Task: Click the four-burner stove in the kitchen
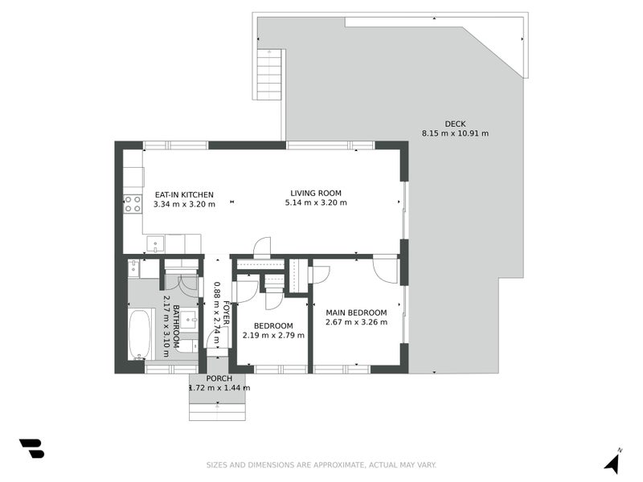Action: click(x=133, y=204)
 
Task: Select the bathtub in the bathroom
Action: click(x=141, y=334)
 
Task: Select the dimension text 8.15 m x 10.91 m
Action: click(x=455, y=133)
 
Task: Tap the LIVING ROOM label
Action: click(x=316, y=193)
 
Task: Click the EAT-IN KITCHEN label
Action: click(x=184, y=194)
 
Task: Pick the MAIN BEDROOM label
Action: click(x=356, y=312)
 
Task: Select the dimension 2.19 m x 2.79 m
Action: click(x=272, y=335)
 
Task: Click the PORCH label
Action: click(x=219, y=378)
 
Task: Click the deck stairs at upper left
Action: click(x=268, y=74)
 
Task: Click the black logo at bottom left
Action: click(x=31, y=448)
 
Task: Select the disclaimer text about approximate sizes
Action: click(x=321, y=465)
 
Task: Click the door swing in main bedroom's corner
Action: click(x=386, y=269)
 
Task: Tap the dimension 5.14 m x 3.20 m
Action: click(x=316, y=203)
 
